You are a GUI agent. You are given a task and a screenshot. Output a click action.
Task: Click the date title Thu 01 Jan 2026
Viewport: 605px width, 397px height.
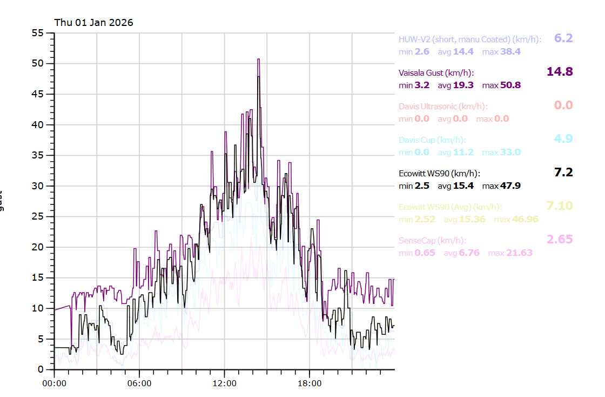point(93,23)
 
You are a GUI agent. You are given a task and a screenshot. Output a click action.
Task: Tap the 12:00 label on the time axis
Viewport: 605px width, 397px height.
point(224,383)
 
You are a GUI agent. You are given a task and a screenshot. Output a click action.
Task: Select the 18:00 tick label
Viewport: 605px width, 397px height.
point(310,383)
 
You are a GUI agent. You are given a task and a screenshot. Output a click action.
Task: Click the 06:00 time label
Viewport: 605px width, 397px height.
point(139,383)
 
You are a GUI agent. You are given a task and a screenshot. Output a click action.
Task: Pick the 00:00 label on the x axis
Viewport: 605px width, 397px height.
point(55,383)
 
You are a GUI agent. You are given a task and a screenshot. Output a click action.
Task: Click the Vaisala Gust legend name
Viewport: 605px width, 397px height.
point(436,73)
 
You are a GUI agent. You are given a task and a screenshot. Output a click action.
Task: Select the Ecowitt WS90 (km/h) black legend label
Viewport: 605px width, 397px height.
point(439,174)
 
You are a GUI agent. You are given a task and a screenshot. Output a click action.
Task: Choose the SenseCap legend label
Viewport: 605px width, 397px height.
point(432,241)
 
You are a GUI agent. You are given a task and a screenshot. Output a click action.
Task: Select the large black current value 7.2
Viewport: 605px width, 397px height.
point(563,173)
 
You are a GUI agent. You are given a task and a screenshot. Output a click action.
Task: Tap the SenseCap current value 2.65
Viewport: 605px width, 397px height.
point(560,240)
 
